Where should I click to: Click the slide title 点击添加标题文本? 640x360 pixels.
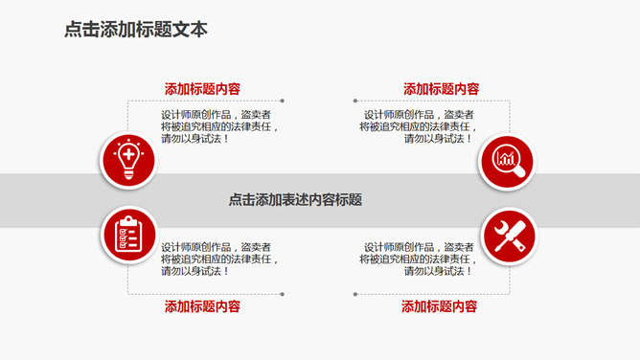(135, 30)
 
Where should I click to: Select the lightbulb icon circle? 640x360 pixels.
(127, 159)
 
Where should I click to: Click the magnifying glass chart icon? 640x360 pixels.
(507, 159)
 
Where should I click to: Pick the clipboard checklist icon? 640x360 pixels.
(127, 235)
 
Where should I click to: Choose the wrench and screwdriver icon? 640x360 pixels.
(507, 236)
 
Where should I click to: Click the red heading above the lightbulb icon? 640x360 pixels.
(202, 89)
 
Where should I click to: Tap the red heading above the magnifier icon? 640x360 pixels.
(441, 89)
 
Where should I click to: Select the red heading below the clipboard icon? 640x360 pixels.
(201, 306)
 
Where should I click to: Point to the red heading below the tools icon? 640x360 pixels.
(439, 306)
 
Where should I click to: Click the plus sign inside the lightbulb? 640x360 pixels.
(127, 153)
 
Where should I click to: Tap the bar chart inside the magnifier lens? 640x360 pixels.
(504, 156)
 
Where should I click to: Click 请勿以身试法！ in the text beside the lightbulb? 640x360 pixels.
(195, 139)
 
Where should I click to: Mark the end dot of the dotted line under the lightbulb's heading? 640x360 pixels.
(282, 101)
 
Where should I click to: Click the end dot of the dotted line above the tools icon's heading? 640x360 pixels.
(354, 294)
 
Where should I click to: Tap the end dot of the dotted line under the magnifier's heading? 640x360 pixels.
(354, 101)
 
